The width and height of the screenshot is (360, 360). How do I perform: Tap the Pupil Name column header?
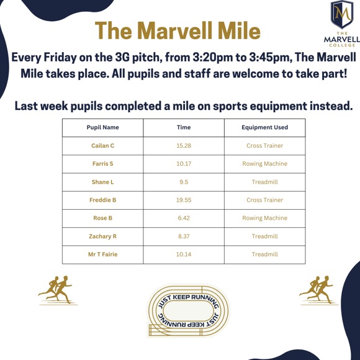(x=102, y=128)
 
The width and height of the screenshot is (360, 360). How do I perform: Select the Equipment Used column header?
(x=264, y=128)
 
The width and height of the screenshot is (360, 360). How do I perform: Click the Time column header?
(x=184, y=128)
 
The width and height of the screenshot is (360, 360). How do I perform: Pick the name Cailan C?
(x=102, y=146)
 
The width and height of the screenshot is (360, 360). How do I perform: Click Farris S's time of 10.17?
(x=184, y=164)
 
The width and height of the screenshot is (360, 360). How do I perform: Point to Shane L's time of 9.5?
(x=184, y=182)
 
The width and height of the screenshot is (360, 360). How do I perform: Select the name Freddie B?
(x=102, y=200)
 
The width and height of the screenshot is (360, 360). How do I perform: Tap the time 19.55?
(x=184, y=200)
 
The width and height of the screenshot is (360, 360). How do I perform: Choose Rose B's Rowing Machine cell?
(x=264, y=218)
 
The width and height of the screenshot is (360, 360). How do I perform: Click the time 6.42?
(x=184, y=218)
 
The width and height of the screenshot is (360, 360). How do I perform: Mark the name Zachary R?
(x=102, y=236)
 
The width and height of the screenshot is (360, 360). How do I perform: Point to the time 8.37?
(x=184, y=236)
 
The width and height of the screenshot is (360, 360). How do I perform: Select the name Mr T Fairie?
(x=102, y=254)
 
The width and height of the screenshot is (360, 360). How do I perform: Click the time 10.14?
(x=184, y=254)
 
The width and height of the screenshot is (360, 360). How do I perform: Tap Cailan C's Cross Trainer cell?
(x=264, y=146)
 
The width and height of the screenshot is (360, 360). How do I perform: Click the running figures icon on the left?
(x=56, y=290)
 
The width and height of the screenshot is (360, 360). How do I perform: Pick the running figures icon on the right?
(x=317, y=290)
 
